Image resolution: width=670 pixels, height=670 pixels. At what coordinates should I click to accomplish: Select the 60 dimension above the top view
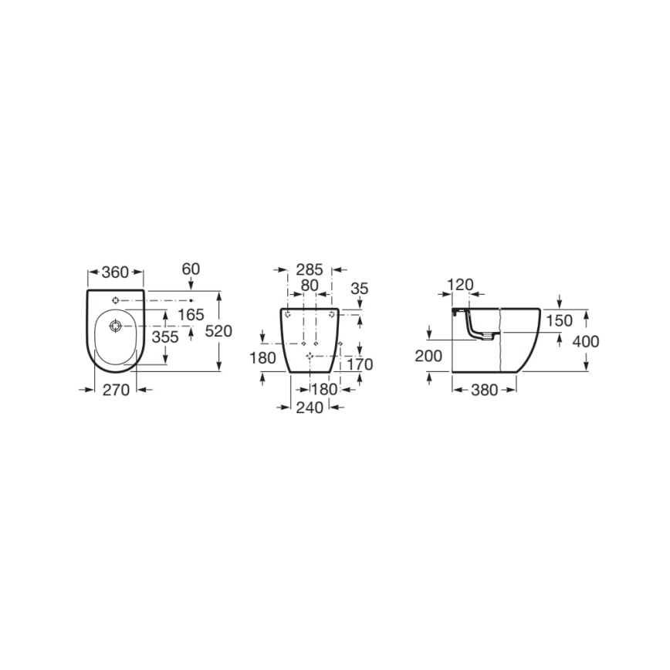pyautogui.click(x=191, y=269)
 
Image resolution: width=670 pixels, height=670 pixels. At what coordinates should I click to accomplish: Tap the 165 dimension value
pyautogui.click(x=190, y=314)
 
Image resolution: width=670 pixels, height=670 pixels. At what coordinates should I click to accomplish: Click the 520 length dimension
pyautogui.click(x=218, y=330)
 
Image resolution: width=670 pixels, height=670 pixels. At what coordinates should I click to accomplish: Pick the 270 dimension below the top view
pyautogui.click(x=116, y=390)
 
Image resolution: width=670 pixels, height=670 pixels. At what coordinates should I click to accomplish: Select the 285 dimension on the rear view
pyautogui.click(x=310, y=270)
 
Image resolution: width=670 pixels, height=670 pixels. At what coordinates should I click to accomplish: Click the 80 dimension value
pyautogui.click(x=310, y=285)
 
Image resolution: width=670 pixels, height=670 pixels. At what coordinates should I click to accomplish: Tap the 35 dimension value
pyautogui.click(x=360, y=288)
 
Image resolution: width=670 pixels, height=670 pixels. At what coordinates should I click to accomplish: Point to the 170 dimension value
pyautogui.click(x=360, y=364)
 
